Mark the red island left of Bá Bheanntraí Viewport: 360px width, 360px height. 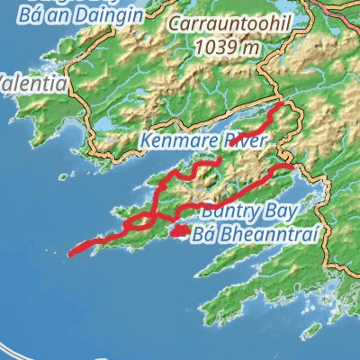[x=180, y=230]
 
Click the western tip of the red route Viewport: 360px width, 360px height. [x=71, y=254]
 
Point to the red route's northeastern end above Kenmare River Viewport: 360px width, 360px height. [x=281, y=105]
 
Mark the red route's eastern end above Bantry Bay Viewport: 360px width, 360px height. [x=290, y=166]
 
